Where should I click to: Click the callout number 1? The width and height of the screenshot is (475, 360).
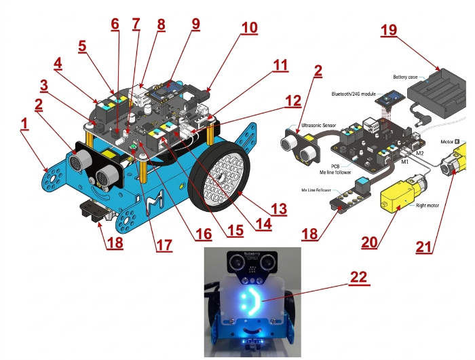coord(24,124)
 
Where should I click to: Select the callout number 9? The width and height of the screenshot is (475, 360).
coord(195,24)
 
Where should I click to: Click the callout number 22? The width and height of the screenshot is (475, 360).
coord(360,277)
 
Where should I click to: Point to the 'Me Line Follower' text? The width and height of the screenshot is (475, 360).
coord(316,191)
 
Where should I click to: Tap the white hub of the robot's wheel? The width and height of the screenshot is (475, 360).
coord(220,174)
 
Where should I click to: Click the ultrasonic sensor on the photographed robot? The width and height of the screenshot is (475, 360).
coord(252,262)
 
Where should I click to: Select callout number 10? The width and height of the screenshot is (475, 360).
coord(249,28)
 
